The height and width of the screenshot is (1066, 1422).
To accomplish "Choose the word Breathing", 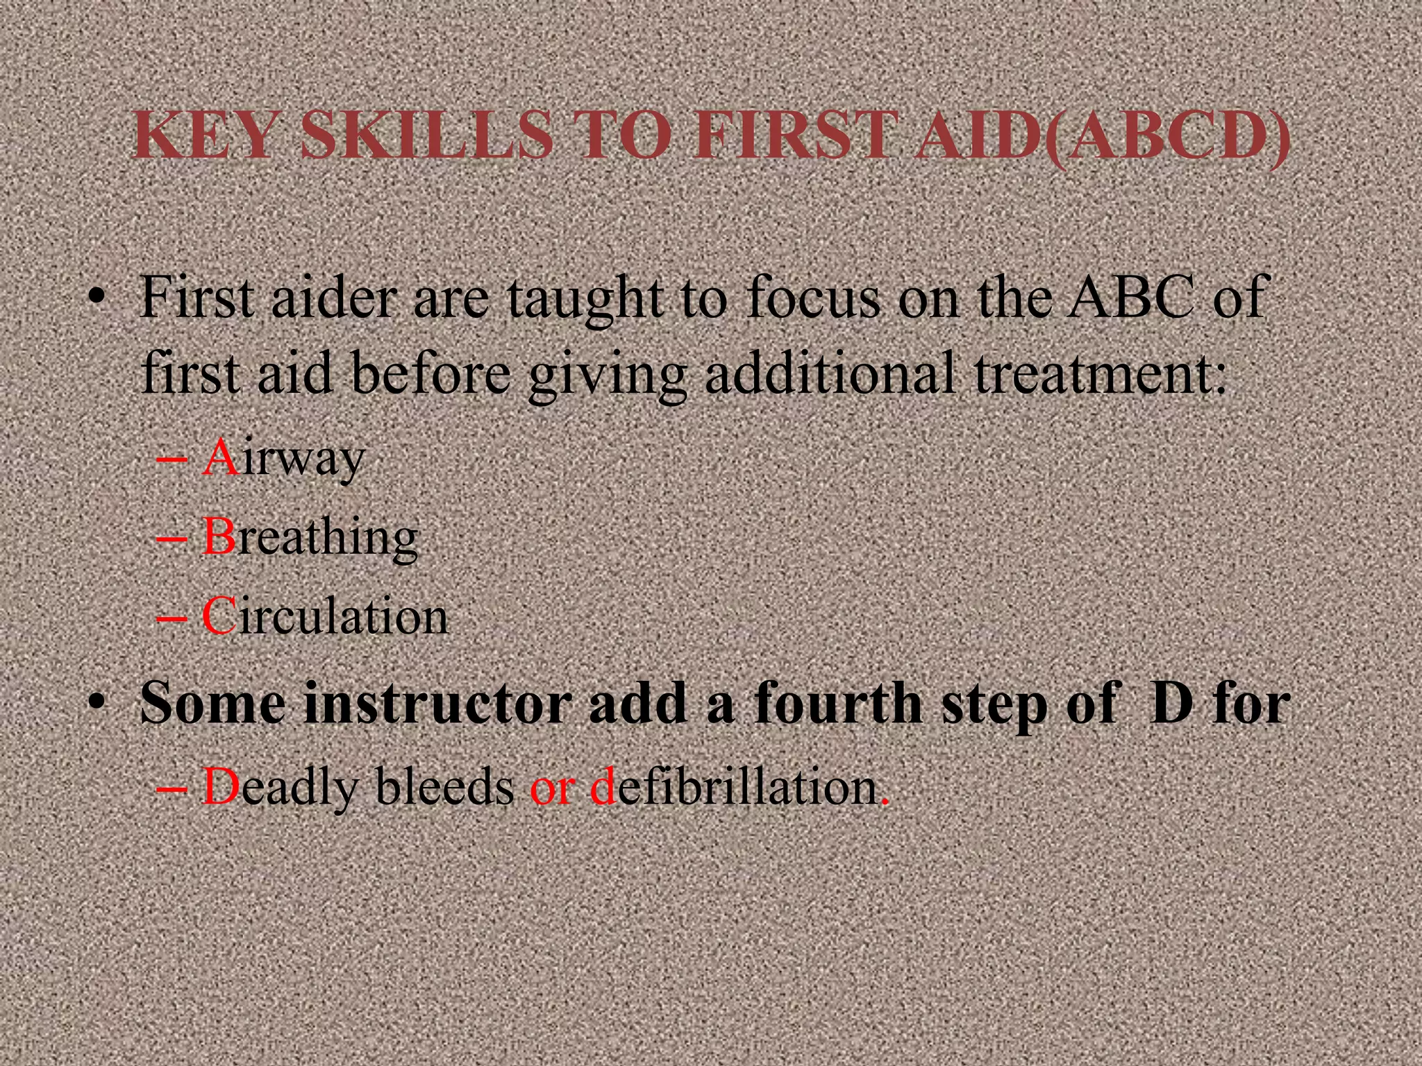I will pyautogui.click(x=310, y=539).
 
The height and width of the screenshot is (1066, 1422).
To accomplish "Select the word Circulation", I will pyautogui.click(x=325, y=617).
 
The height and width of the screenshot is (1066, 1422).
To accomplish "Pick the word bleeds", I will pyautogui.click(x=444, y=788).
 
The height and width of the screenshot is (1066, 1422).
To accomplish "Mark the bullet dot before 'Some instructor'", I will pyautogui.click(x=97, y=703).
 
